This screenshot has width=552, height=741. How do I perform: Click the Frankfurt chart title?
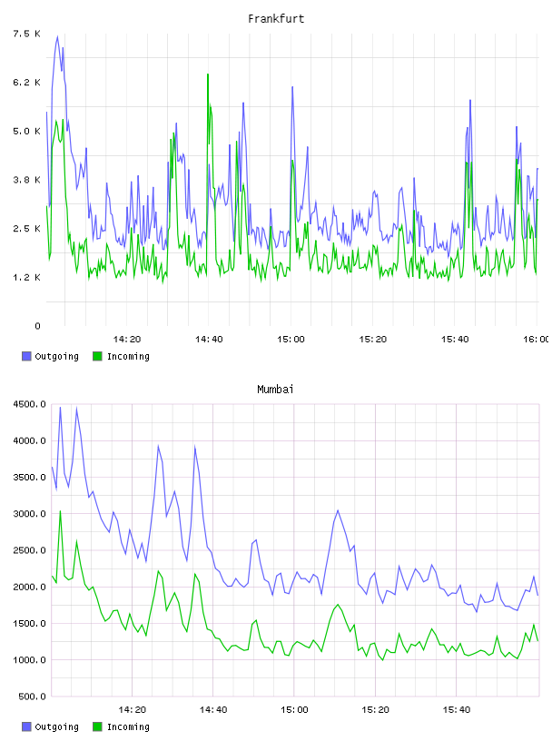(276, 19)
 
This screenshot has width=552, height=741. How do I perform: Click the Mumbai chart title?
(275, 390)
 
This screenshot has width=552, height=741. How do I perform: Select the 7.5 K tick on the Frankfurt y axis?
(27, 34)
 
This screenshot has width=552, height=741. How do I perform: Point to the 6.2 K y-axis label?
(27, 83)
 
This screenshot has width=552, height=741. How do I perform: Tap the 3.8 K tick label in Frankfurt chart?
(27, 180)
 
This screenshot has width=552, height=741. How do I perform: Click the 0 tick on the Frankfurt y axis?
(37, 326)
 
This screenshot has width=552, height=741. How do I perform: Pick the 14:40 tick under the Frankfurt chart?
(209, 339)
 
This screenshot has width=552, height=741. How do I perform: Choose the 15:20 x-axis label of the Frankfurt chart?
(373, 339)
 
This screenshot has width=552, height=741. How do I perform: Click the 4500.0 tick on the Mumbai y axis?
(30, 404)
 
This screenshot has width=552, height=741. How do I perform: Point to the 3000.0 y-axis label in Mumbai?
(30, 514)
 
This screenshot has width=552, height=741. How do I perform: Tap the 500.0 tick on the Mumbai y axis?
(32, 697)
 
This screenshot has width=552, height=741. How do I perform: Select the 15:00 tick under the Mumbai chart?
(294, 709)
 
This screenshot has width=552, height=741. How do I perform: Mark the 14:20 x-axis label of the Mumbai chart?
(133, 709)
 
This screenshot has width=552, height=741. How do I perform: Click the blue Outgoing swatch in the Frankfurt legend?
(26, 356)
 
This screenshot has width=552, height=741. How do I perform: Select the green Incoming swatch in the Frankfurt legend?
(97, 356)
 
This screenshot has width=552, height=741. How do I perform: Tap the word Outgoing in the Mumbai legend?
(56, 726)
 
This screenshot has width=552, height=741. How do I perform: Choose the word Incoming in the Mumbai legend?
(128, 726)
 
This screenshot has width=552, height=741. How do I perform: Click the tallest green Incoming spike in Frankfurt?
(208, 74)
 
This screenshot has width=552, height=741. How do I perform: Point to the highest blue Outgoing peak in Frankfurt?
(58, 36)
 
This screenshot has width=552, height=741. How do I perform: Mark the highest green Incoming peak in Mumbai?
(60, 511)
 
